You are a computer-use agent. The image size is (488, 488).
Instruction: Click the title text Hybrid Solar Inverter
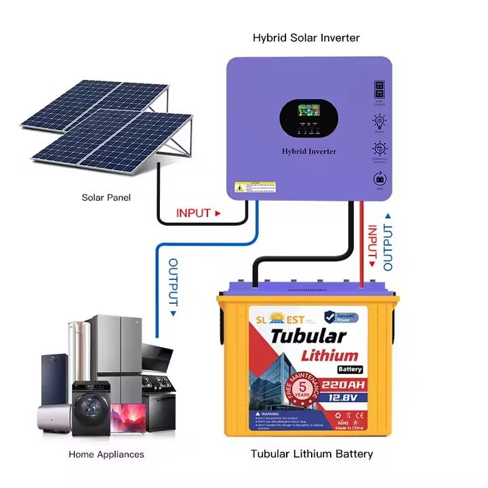pyautogui.click(x=306, y=38)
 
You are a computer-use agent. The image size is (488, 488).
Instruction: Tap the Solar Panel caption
pyautogui.click(x=106, y=197)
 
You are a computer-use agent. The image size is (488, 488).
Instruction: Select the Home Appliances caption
pyautogui.click(x=106, y=454)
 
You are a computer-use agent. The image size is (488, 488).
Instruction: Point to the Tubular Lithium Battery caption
pyautogui.click(x=312, y=453)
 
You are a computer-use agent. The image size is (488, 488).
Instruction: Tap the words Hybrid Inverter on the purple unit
pyautogui.click(x=308, y=151)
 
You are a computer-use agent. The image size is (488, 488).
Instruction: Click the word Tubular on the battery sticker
pyautogui.click(x=308, y=336)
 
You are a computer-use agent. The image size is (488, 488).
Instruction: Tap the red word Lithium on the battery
pyautogui.click(x=329, y=354)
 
